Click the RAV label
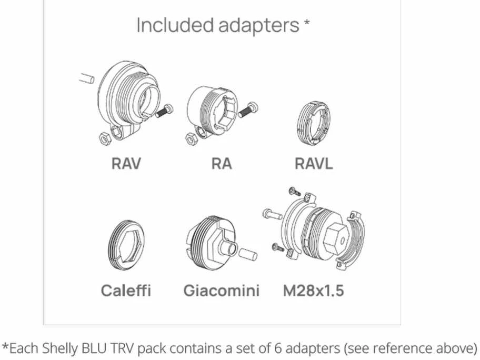click(x=126, y=163)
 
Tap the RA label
click(x=222, y=163)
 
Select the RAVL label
click(x=314, y=163)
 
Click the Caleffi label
click(x=126, y=290)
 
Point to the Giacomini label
click(x=222, y=290)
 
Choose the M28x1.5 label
click(x=314, y=290)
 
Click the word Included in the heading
click(x=175, y=25)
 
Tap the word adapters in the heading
click(x=258, y=25)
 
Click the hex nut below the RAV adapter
click(x=105, y=138)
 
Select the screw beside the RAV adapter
click(x=164, y=111)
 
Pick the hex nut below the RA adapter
click(x=192, y=138)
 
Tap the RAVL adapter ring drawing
click(x=314, y=123)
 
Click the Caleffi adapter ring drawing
click(x=126, y=245)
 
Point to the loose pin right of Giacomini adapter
click(x=247, y=255)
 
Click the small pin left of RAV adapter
click(x=87, y=78)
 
